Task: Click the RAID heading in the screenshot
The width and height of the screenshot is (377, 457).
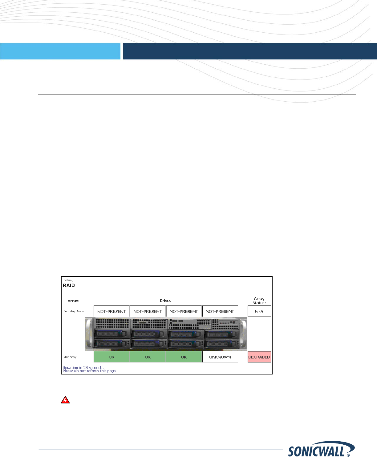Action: coord(69,285)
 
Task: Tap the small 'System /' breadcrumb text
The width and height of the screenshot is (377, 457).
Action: coord(68,280)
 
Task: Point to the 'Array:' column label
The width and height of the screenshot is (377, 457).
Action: coord(74,301)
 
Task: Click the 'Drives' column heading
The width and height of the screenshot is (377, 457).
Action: coord(165,301)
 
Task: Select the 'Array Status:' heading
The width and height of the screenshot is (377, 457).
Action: coord(259,301)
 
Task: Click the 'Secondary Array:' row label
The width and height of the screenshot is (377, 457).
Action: coord(74,311)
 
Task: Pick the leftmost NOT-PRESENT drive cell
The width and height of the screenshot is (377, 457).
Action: coord(111,311)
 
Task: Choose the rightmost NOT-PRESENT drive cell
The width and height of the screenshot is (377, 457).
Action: coord(220,311)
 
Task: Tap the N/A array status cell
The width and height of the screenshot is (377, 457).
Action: coord(259,311)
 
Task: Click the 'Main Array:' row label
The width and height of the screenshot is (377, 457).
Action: coord(71,357)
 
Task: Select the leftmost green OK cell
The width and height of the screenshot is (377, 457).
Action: coord(111,357)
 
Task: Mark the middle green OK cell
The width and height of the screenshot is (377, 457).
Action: coord(148,357)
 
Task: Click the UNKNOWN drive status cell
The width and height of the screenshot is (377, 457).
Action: coord(220,357)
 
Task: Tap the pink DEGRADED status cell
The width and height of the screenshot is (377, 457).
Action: coord(259,357)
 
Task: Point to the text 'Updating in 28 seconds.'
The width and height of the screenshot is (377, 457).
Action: coord(83,367)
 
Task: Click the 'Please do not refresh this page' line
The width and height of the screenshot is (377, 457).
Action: coord(89,371)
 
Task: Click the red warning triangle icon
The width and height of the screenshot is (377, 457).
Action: coord(65,400)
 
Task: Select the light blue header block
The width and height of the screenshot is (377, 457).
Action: coord(60,51)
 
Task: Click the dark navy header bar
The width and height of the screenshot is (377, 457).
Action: coord(249,51)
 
